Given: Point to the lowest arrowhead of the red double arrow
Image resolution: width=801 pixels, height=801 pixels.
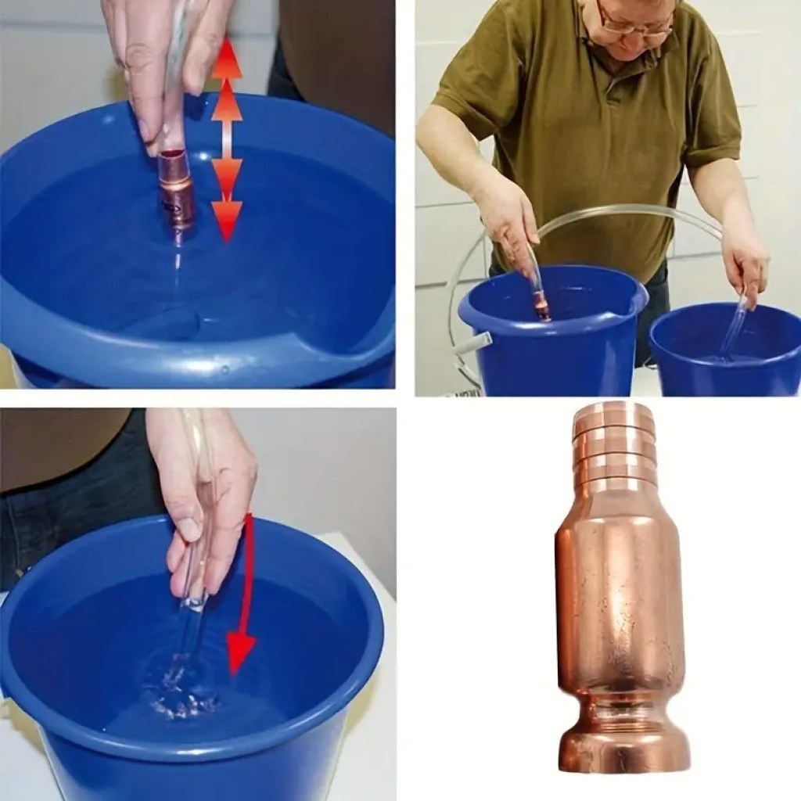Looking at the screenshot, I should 227,223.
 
